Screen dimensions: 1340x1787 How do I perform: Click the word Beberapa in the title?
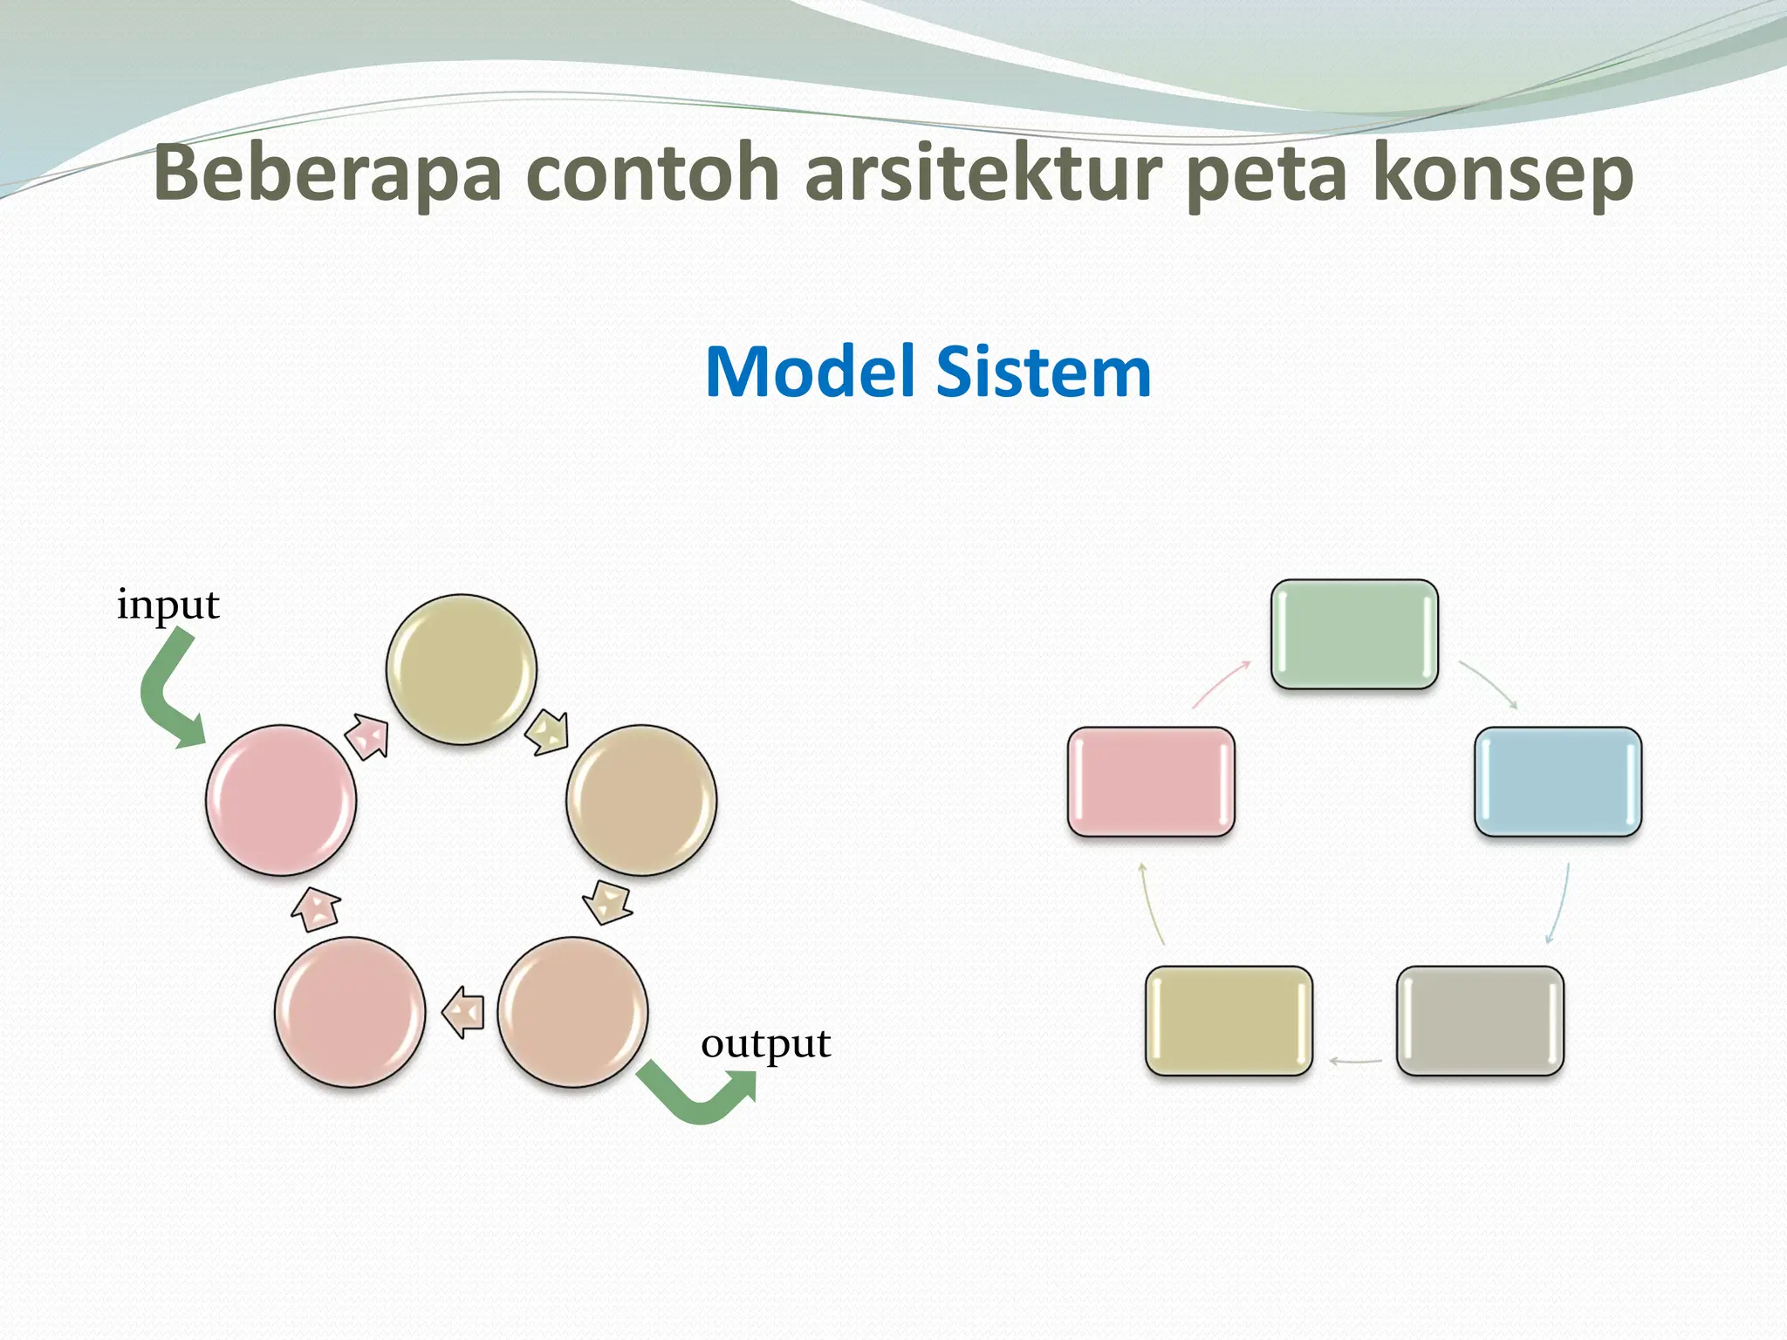(327, 174)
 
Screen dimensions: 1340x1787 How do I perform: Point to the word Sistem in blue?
(1044, 373)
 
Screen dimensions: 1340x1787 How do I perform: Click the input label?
(168, 605)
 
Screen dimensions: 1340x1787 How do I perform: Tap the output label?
(765, 1044)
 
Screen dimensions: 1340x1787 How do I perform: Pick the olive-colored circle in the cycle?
(462, 669)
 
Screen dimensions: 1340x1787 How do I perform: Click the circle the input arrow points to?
(281, 800)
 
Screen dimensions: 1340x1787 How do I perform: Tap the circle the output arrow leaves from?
(573, 1012)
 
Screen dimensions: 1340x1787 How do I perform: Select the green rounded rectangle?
(1354, 634)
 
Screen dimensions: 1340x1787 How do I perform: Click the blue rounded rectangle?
(1558, 782)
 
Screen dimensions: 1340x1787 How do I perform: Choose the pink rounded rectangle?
(1151, 782)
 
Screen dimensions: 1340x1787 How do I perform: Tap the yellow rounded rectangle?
(1229, 1021)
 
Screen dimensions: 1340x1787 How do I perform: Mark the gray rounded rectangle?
(1480, 1021)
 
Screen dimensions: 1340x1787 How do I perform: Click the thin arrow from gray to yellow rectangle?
(1355, 1062)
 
